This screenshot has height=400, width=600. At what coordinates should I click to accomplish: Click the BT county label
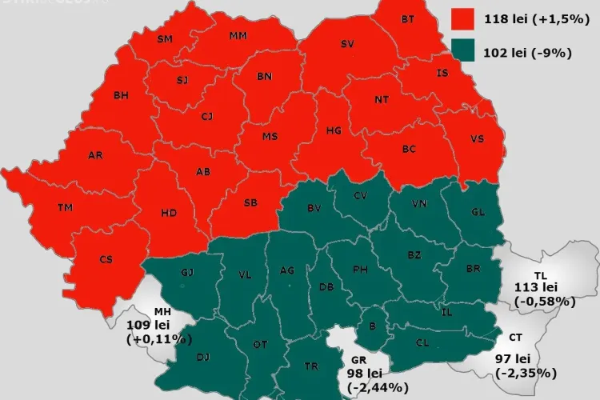click(x=408, y=19)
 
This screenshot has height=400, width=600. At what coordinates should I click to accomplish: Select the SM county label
click(x=165, y=38)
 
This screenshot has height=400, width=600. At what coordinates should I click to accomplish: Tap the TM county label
click(x=65, y=208)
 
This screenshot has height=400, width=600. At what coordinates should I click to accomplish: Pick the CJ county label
click(x=206, y=117)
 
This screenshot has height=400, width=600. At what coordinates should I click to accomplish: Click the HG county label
click(x=334, y=130)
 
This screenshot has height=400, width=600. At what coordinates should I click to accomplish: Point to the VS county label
click(x=478, y=138)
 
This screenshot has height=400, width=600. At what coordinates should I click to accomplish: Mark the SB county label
click(x=250, y=203)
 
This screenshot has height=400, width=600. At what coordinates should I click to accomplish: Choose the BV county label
click(x=314, y=208)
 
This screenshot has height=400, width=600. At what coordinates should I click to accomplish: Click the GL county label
click(x=478, y=212)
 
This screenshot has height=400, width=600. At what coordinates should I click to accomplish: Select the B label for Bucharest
click(x=371, y=325)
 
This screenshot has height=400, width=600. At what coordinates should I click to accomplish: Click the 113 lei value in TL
click(x=541, y=288)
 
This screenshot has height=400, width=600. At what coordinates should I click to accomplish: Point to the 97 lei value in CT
click(x=524, y=358)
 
